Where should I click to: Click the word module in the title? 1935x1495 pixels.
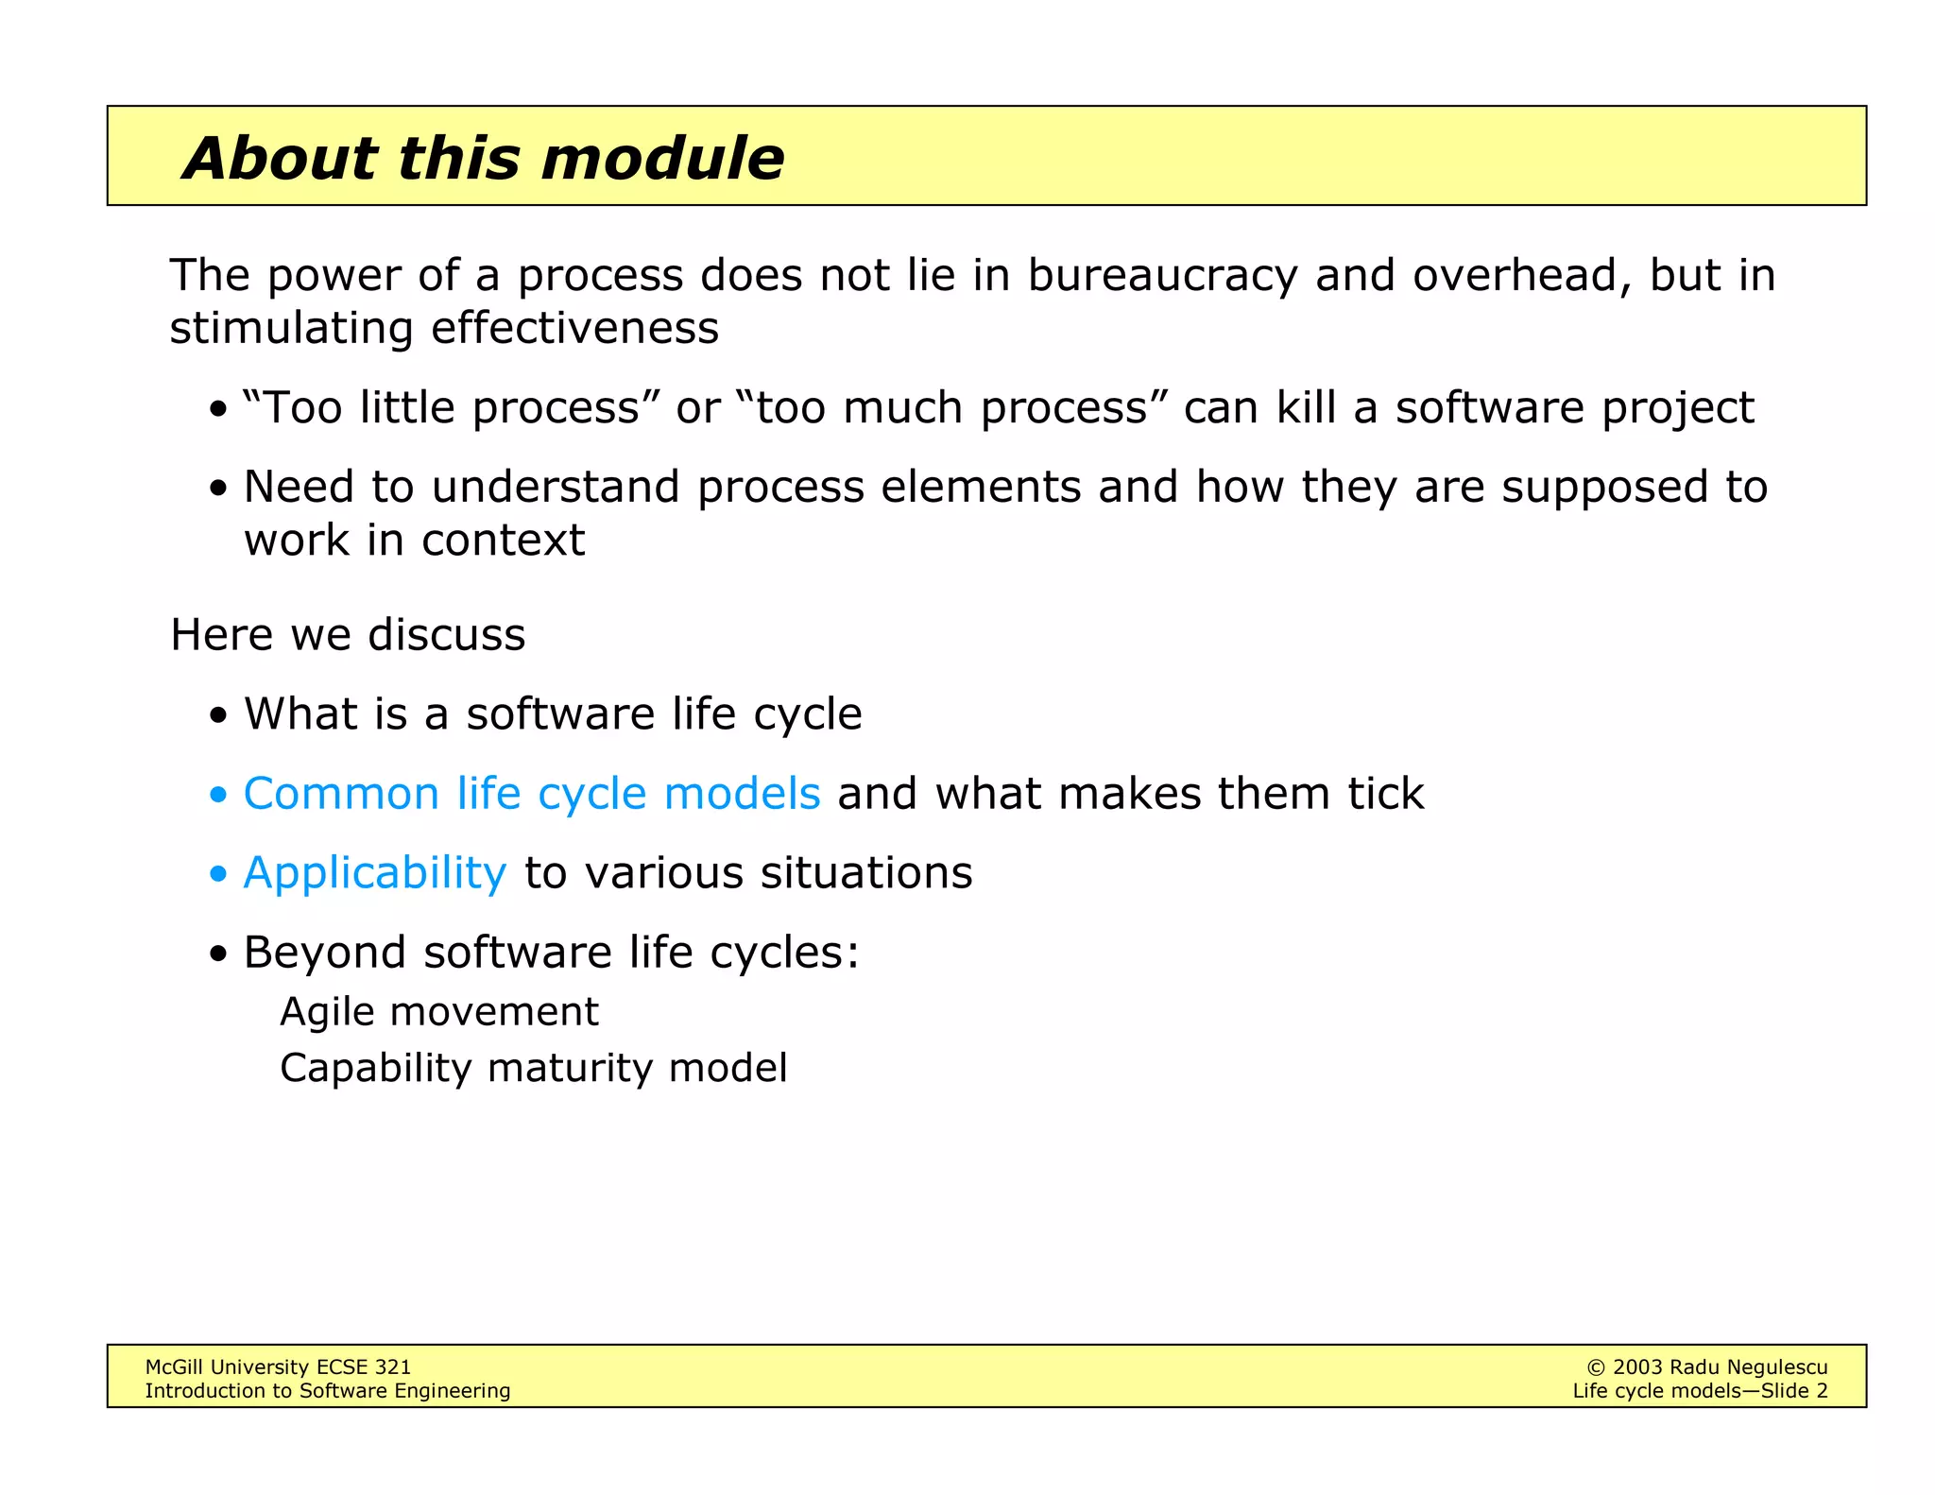[662, 158]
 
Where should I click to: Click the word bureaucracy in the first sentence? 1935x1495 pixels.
[1162, 276]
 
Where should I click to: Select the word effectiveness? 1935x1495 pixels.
[574, 329]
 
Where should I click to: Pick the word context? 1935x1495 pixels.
[503, 541]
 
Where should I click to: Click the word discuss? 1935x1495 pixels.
[446, 635]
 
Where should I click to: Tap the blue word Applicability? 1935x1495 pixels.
[374, 873]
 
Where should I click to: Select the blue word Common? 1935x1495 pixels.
[341, 794]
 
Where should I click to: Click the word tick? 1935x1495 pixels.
[1385, 794]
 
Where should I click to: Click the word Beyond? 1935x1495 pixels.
[324, 953]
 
